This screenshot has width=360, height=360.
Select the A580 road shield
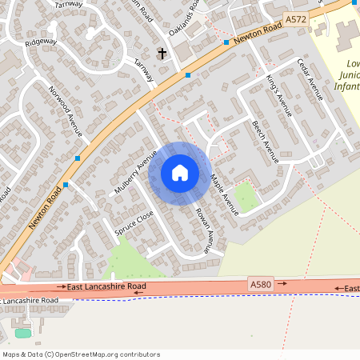261,284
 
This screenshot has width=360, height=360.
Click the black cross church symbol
162,54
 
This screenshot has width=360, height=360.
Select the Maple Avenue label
224,194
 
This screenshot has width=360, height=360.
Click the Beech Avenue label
265,142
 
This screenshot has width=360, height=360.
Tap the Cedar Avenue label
310,78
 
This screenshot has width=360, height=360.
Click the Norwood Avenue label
64,111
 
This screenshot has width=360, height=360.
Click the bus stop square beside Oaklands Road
227,42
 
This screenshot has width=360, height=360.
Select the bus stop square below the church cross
188,75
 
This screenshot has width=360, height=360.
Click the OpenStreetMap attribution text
81,354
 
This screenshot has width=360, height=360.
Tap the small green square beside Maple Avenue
246,197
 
